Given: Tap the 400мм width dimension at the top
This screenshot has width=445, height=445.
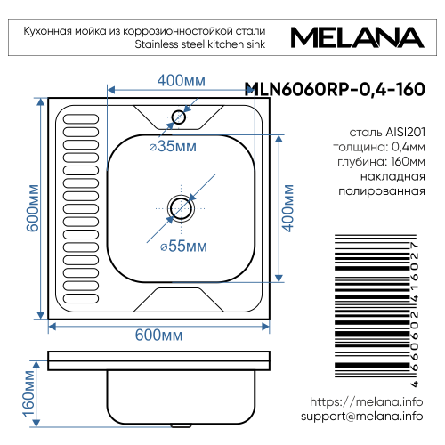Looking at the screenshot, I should click(x=182, y=81).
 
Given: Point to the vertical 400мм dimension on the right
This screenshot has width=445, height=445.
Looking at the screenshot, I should click(x=287, y=207).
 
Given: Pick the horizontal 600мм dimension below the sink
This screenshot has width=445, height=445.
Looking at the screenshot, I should click(x=158, y=335).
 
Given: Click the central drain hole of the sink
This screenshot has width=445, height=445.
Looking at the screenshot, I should click(x=182, y=207).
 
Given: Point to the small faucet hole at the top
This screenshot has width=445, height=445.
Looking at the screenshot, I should click(x=179, y=117).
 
